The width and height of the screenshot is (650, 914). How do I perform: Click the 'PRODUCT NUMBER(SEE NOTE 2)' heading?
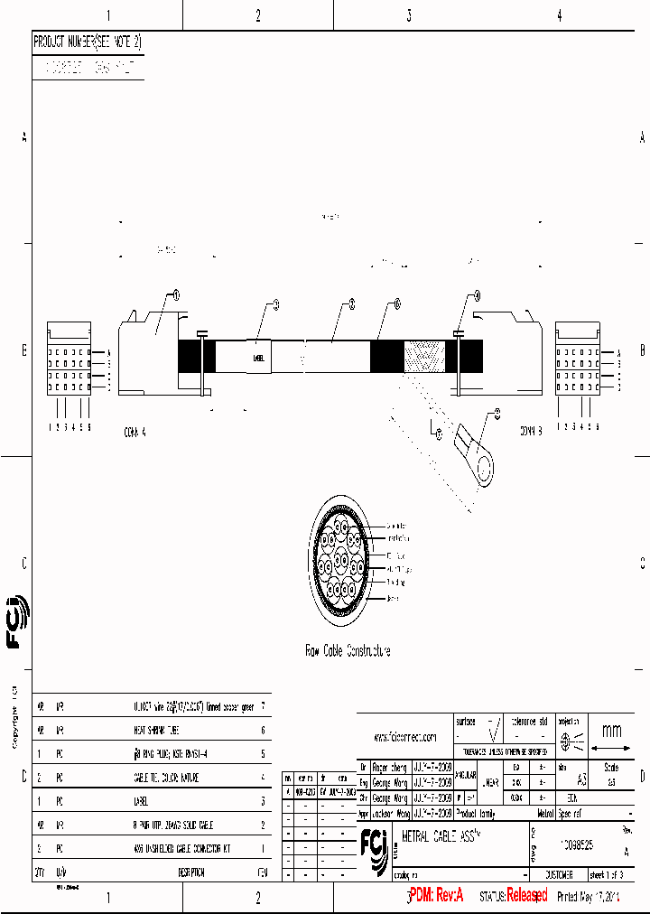click(x=88, y=42)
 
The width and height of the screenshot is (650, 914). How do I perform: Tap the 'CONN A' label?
click(x=134, y=432)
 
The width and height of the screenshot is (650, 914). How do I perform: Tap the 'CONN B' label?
click(x=530, y=431)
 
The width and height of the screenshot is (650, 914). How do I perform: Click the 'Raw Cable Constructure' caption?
click(x=348, y=650)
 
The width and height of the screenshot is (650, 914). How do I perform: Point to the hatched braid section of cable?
click(x=423, y=356)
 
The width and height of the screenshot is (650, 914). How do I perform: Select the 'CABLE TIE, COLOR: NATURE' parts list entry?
click(x=165, y=777)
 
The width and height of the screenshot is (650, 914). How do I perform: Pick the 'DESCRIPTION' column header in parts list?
click(x=190, y=872)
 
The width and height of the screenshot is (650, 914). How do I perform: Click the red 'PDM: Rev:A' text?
click(x=437, y=895)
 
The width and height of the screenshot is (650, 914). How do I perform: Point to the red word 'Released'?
click(x=526, y=895)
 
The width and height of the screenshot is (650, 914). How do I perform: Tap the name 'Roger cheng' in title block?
click(x=391, y=767)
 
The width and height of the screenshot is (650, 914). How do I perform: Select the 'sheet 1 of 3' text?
click(x=612, y=875)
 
